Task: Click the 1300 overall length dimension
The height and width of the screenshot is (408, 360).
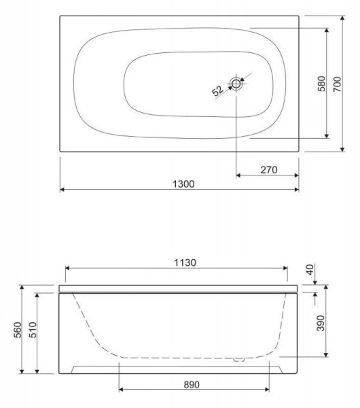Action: pyautogui.click(x=179, y=184)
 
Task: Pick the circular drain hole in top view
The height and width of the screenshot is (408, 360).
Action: pyautogui.click(x=236, y=84)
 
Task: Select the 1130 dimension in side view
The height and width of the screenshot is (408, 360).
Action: pyautogui.click(x=179, y=264)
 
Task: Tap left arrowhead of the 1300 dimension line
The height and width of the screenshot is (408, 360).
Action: pyautogui.click(x=63, y=190)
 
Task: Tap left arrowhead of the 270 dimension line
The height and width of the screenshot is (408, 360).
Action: pyautogui.click(x=238, y=175)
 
